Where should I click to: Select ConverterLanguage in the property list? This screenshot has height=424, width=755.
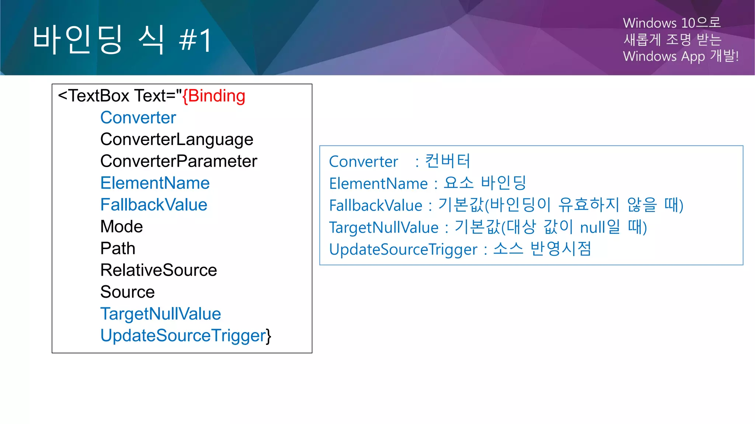click(177, 139)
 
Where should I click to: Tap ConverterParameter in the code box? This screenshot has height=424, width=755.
click(178, 161)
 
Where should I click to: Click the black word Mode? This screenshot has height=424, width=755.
click(121, 227)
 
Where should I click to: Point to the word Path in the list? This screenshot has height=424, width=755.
click(118, 248)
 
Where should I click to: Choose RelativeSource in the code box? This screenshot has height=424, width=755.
click(159, 270)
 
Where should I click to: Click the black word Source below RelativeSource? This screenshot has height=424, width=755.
click(127, 292)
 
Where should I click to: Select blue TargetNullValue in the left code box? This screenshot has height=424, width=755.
click(160, 314)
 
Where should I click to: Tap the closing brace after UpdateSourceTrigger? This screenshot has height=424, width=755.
click(269, 336)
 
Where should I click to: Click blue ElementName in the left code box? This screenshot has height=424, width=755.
click(155, 183)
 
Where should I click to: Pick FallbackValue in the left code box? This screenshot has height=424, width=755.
click(154, 205)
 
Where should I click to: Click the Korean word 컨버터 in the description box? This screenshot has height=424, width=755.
click(448, 161)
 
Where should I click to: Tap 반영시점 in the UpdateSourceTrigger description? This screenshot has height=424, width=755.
click(560, 249)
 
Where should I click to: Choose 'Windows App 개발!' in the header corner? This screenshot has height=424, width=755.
click(681, 56)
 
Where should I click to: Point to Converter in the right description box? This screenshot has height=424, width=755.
click(363, 162)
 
